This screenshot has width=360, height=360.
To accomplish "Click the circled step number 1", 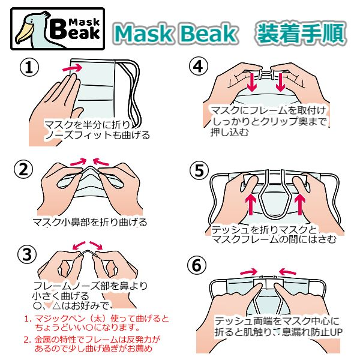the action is click(29, 67).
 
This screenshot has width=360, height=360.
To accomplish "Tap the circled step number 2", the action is click(23, 170).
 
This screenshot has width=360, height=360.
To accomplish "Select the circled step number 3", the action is click(27, 254).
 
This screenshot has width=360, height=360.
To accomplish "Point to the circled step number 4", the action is click(199, 67).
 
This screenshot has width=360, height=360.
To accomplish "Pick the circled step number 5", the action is click(199, 170).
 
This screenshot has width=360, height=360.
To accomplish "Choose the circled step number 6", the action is click(197, 266).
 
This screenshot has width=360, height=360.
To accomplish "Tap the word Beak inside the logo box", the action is click(74, 30).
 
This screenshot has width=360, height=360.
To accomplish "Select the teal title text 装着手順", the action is click(301, 34).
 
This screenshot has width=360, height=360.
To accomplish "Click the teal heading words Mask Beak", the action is click(175, 34).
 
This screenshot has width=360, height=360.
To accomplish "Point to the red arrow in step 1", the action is click(73, 68).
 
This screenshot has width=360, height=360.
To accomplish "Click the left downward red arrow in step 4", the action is click(252, 82).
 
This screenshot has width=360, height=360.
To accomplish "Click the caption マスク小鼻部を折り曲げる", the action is click(90, 222).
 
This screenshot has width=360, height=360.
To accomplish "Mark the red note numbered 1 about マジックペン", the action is click(97, 323).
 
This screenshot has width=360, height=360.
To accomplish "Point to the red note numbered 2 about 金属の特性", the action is click(92, 344).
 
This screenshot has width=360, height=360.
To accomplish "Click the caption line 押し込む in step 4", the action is click(230, 133).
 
